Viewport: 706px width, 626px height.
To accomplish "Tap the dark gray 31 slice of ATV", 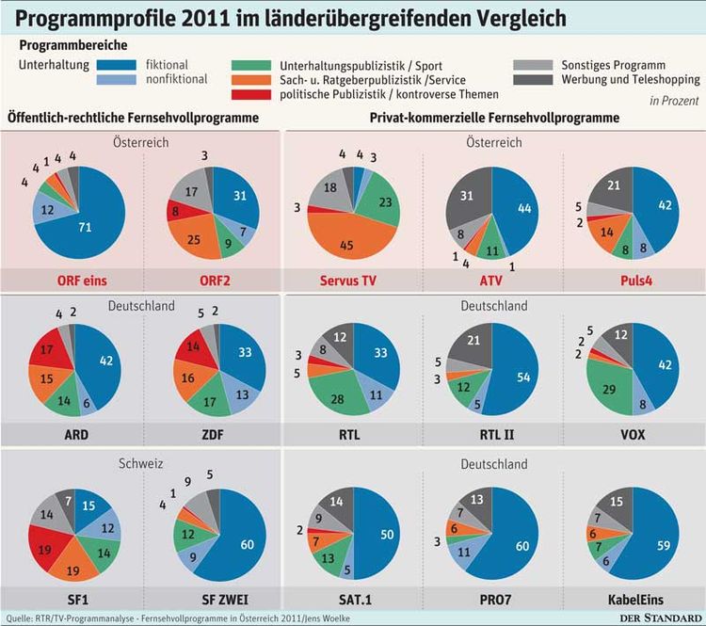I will pos(464,199).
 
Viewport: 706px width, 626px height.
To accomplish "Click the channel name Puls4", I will pos(633,280).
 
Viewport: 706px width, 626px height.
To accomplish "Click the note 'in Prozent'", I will pos(672,100).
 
